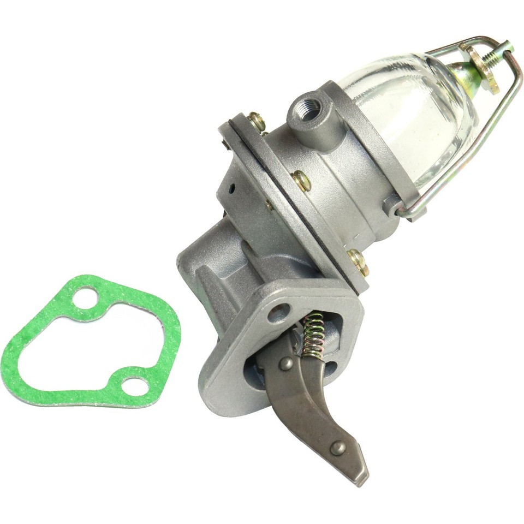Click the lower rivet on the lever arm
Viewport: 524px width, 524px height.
point(338,448)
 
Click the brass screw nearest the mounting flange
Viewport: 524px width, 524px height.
point(357,261)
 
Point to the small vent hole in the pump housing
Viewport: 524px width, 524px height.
point(233,189)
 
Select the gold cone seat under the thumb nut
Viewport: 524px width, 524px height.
point(465,76)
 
